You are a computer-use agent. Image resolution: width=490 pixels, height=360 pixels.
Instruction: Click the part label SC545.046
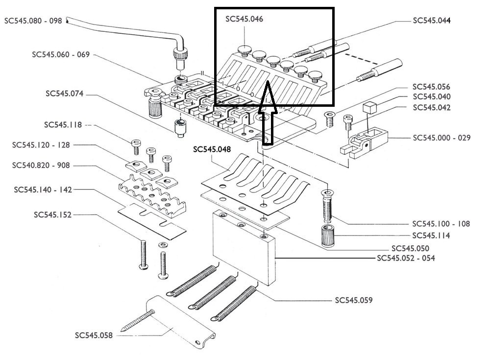point(245,19)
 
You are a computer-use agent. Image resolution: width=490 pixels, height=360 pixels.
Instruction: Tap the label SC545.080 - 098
point(33,21)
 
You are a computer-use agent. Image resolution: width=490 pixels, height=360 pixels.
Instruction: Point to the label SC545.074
point(65,93)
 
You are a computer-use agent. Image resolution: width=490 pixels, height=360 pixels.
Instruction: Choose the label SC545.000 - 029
point(441,138)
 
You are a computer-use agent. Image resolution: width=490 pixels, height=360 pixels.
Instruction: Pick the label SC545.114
point(431,236)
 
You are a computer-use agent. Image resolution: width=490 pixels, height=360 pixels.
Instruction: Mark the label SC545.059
point(353,300)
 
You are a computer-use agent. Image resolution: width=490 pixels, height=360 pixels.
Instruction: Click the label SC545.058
point(94,336)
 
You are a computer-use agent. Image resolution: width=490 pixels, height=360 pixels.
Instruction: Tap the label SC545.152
point(53,215)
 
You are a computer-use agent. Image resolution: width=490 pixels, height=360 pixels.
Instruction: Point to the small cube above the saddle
point(369,108)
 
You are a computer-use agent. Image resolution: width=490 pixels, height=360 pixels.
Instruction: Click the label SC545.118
point(63,125)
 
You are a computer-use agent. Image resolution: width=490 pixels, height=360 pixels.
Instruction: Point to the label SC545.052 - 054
point(406,258)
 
